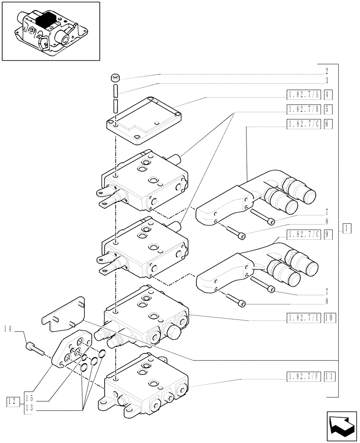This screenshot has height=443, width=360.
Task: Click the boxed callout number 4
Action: pos(328,94)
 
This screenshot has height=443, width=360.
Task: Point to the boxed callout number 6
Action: pos(328,124)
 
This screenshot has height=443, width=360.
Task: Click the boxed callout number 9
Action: pos(328,235)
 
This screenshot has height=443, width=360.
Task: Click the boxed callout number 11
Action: pos(328,377)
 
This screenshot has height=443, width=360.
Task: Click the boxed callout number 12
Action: pos(12,402)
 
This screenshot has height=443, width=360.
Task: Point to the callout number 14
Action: pos(7,328)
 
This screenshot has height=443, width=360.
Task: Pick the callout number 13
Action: pos(29,408)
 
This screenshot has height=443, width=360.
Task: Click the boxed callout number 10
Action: pos(328,318)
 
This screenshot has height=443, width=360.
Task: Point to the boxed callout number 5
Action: pos(328,109)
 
